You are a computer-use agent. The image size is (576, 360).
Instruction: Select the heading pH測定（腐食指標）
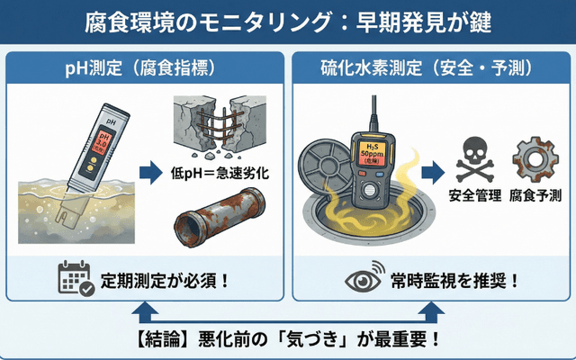(147, 67)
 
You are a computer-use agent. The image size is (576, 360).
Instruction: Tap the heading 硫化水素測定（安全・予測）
(430, 67)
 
